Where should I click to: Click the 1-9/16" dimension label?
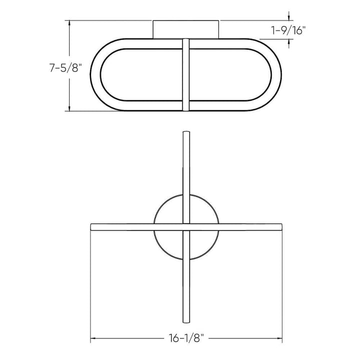[x=288, y=30]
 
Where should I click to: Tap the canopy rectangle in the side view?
[x=186, y=28]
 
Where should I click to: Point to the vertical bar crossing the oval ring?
[x=186, y=75]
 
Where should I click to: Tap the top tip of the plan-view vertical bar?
[x=186, y=133]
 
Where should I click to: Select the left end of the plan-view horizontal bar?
[x=91, y=226]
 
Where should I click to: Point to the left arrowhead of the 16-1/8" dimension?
[x=92, y=338]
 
